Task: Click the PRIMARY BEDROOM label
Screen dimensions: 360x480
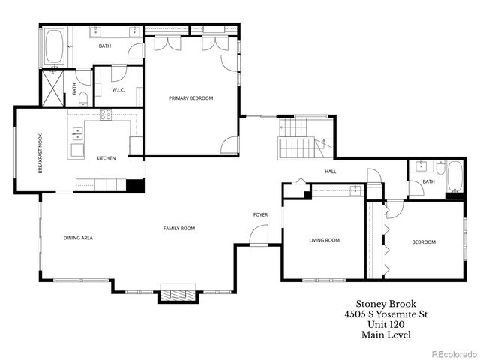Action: coord(190,98)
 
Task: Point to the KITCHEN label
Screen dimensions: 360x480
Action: coord(106,158)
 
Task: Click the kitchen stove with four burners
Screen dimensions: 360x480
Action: coord(106,115)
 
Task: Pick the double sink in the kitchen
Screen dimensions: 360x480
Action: coord(77,134)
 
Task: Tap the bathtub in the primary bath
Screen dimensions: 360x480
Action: coord(55,46)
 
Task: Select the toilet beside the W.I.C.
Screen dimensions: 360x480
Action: coord(85,97)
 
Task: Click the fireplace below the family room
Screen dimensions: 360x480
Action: coord(178,292)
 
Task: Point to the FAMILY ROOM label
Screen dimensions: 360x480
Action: coord(179,228)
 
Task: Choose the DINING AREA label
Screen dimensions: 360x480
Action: coord(78,238)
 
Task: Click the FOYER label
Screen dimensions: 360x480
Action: coord(260,215)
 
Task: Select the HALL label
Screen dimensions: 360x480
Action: coord(330,172)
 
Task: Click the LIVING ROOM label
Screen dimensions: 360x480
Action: coord(325,241)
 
